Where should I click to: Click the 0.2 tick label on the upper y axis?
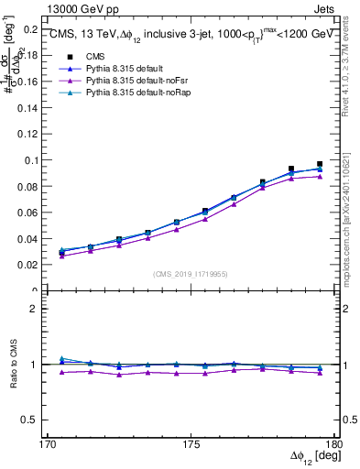pos(34,29)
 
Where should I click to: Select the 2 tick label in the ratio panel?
pos(39,309)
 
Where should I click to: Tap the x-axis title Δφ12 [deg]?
pos(312,458)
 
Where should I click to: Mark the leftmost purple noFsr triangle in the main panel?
pos(61,256)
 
